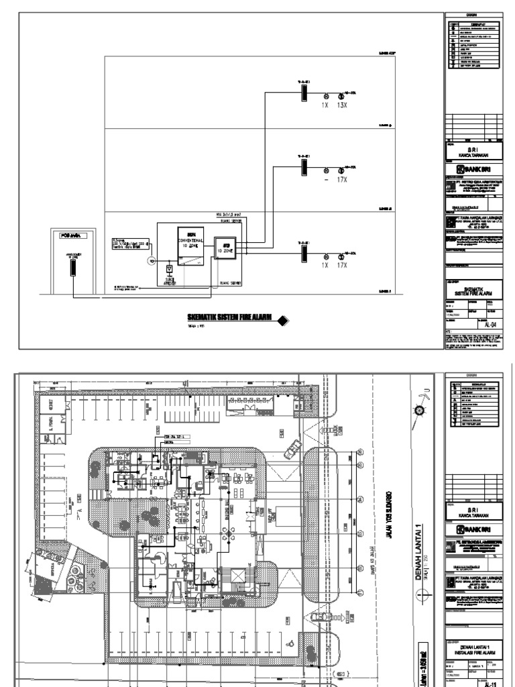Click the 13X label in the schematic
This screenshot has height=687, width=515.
click(x=342, y=105)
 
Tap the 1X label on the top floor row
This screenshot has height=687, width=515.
click(x=325, y=105)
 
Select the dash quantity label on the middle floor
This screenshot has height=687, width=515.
click(x=325, y=180)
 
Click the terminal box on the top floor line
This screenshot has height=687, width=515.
click(x=302, y=95)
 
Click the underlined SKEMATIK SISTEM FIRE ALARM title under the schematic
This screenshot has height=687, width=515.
click(x=229, y=319)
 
